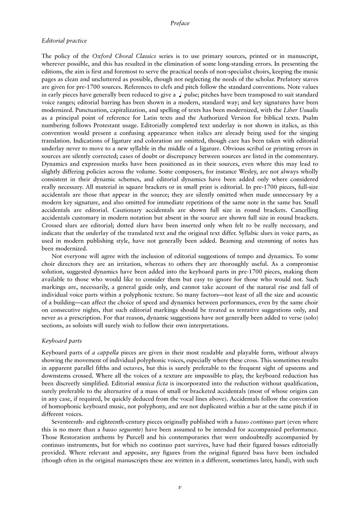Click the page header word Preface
(x=180, y=23)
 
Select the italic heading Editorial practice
(x=64, y=41)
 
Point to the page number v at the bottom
(x=180, y=487)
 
